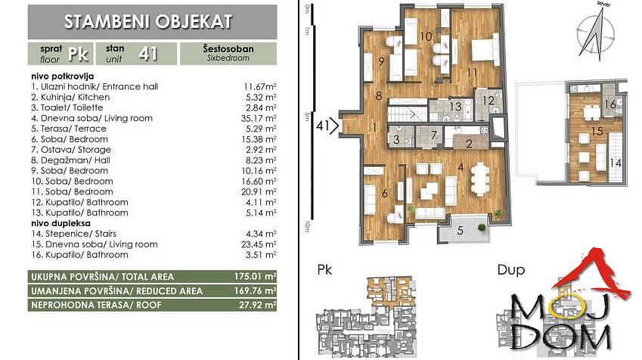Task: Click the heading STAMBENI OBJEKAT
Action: click(148, 22)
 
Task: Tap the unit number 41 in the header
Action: click(148, 54)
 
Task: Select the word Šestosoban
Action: click(228, 48)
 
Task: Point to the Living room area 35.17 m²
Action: click(259, 119)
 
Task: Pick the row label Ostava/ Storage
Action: click(71, 150)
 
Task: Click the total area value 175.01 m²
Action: click(255, 277)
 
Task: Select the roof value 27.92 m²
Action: click(258, 305)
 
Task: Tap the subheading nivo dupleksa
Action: click(61, 223)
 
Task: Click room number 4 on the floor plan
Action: click(461, 167)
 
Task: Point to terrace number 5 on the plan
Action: click(461, 231)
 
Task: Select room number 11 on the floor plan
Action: click(472, 73)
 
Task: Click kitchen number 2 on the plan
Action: click(470, 144)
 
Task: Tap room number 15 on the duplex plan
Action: click(597, 131)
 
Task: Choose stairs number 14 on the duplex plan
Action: click(616, 163)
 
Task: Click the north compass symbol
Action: click(596, 33)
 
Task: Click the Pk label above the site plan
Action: click(324, 270)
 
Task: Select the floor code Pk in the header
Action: click(78, 54)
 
